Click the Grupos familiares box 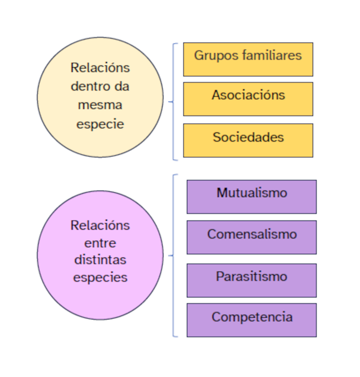click(248, 59)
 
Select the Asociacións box click(248, 99)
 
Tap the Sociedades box click(248, 140)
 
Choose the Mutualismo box click(252, 197)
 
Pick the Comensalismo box click(252, 237)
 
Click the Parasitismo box click(252, 280)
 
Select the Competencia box click(252, 320)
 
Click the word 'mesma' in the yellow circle click(100, 105)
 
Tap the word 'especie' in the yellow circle click(100, 124)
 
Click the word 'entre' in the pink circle click(100, 243)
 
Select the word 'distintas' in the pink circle click(100, 260)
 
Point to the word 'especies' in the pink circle click(100, 277)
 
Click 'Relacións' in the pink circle click(100, 225)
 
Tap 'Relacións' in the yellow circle click(100, 68)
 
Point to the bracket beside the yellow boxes click(174, 102)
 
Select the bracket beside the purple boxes click(174, 255)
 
